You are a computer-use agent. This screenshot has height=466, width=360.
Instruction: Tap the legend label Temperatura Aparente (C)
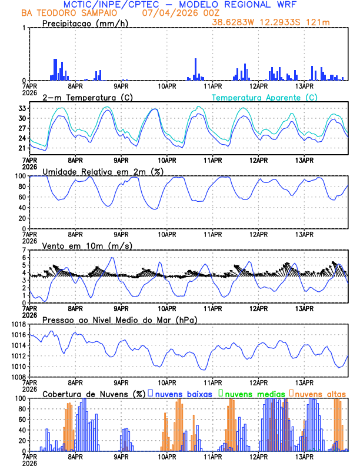(264, 97)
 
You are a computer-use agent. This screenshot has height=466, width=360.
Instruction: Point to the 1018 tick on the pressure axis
(18, 324)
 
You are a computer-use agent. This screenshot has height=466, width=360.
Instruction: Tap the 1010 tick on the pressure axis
(18, 366)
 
